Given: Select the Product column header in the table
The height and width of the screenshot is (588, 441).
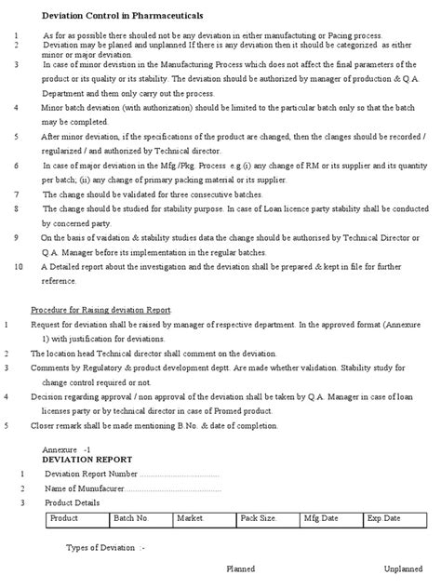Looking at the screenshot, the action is point(63,516).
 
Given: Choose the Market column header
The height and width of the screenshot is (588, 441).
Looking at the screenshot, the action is point(190,516).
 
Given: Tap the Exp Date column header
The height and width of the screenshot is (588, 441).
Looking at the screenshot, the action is point(384,516).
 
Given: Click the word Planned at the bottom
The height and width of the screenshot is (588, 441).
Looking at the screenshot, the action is point(241,568).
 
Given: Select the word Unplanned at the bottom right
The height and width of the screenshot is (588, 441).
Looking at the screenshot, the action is point(405,568).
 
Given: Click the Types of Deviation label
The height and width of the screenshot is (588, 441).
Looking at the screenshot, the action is point(104,548).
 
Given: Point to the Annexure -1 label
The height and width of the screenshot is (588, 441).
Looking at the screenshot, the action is point(73,449).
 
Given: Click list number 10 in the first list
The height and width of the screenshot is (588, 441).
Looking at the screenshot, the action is point(20,267).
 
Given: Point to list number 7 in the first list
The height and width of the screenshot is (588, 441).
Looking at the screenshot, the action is point(17,194).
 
